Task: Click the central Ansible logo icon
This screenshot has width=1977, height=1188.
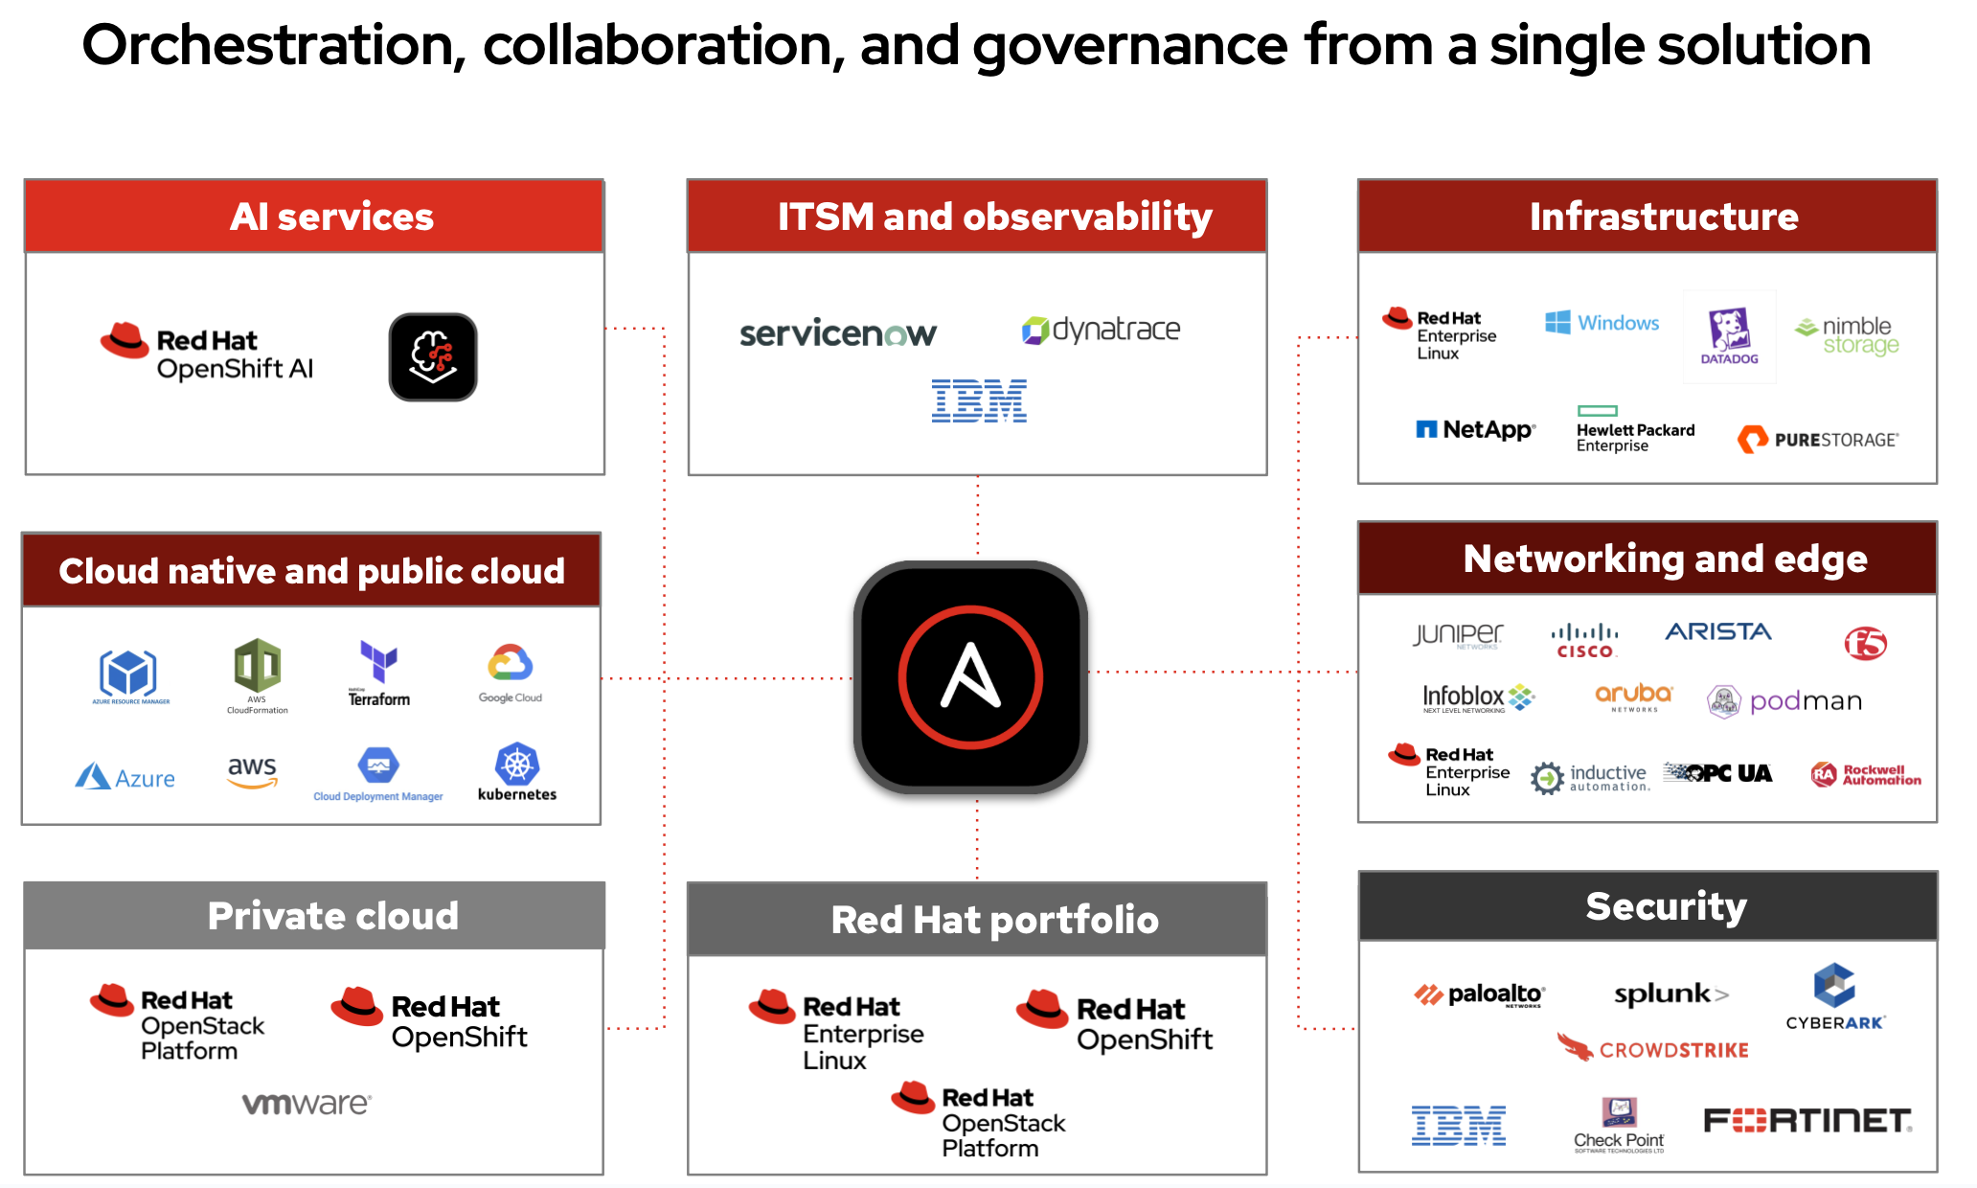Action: point(970,677)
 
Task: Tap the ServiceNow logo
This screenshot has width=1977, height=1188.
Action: point(838,333)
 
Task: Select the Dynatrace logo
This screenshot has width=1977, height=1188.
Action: point(1102,331)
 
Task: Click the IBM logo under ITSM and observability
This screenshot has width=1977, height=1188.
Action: point(979,400)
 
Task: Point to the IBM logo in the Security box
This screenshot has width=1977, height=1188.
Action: point(1458,1125)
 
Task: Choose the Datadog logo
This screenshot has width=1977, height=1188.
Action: point(1729,336)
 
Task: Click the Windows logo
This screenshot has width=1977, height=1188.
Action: point(1602,323)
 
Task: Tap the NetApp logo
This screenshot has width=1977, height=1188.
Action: point(1475,430)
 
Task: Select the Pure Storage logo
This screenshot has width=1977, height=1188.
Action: point(1817,440)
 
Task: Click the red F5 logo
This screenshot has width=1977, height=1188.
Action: point(1865,643)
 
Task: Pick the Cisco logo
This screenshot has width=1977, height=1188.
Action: point(1584,641)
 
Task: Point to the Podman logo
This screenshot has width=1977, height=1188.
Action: point(1784,701)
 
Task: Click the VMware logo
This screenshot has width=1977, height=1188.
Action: point(307,1104)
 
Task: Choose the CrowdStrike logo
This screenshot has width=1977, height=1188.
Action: point(1653,1049)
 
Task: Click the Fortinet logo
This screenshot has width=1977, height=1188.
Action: point(1807,1120)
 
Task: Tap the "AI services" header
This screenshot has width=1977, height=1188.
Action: point(331,217)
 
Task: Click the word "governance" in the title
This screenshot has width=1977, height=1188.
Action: point(1130,46)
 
